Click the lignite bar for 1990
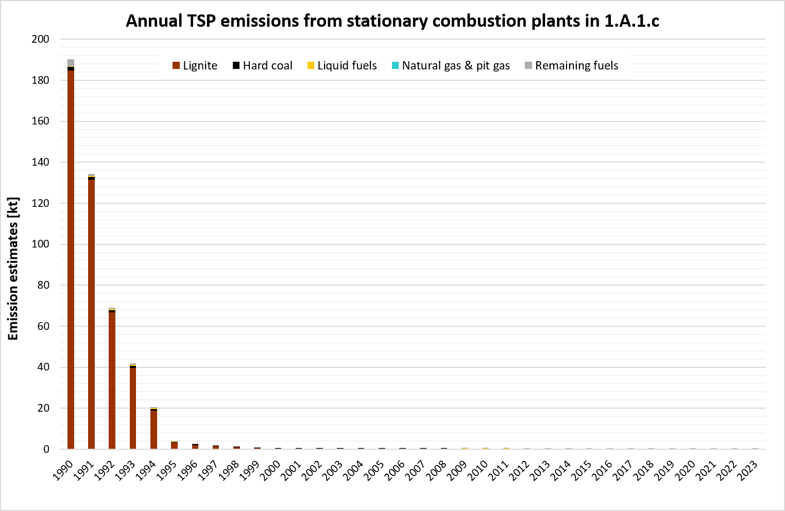(x=71, y=257)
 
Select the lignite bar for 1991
(x=91, y=314)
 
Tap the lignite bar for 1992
(x=112, y=381)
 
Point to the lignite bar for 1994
(x=153, y=430)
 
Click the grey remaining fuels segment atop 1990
(x=71, y=63)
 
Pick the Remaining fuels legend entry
(x=571, y=66)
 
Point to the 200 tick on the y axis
(x=40, y=39)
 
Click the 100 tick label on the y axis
(x=40, y=244)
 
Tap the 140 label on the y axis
(x=40, y=162)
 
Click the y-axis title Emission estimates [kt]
(x=13, y=268)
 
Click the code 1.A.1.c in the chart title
(x=634, y=21)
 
